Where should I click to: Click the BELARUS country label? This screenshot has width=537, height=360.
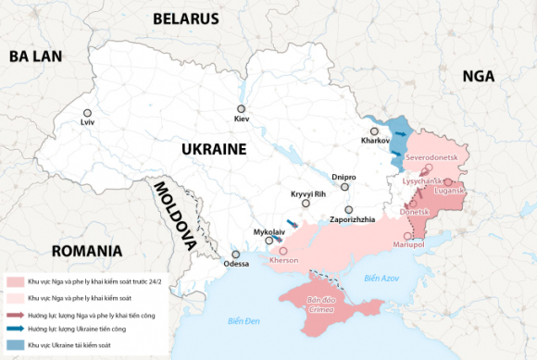coord(185,19)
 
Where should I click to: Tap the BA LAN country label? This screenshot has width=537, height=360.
coord(35,56)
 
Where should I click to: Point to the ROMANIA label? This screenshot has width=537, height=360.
coord(88,251)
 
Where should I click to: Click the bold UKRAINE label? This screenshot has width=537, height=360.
coord(213,149)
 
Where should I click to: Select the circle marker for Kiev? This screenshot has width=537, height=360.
coord(241,109)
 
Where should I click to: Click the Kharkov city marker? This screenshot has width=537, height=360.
coord(375,130)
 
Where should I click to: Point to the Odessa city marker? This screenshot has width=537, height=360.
coord(236,254)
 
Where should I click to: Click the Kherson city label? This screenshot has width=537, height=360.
coord(283,261)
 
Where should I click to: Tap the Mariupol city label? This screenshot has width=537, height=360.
coord(408,244)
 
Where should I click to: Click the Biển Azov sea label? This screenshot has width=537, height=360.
coord(381,278)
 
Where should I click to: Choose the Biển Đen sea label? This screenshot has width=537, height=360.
coord(245,320)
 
